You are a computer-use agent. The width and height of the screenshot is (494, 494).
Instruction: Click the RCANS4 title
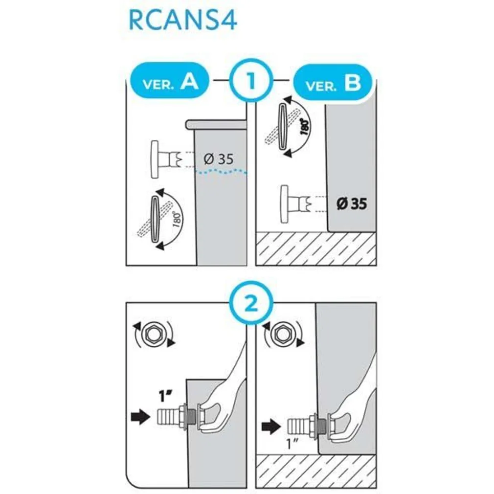coord(183,21)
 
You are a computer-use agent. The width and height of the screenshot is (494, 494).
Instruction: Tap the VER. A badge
coord(170,81)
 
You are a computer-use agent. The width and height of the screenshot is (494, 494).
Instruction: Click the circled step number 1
coord(251,80)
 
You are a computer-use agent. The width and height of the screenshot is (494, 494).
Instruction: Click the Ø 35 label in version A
coord(219,159)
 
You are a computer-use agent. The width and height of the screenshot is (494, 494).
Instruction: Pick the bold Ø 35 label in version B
coord(352,203)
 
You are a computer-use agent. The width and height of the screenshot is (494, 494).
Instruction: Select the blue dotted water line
coord(221,171)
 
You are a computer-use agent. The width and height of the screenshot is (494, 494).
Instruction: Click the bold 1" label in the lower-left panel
coord(166,396)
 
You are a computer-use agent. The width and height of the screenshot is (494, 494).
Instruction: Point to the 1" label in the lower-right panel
coord(292,444)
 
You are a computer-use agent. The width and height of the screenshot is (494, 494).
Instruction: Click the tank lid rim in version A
coord(217,124)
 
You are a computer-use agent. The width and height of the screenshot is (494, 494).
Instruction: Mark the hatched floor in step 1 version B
coord(316,248)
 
